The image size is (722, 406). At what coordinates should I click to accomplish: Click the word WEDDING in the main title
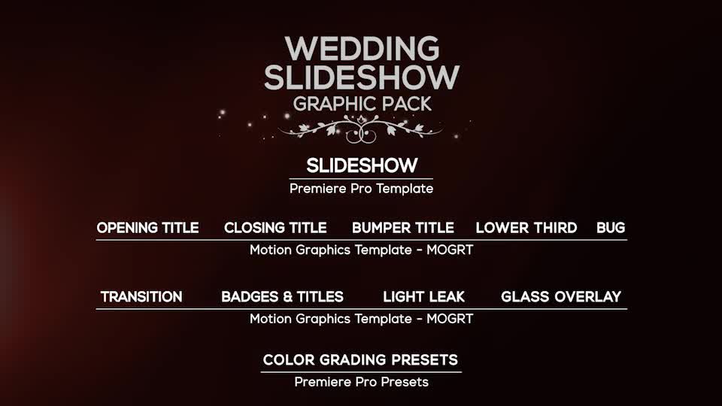point(362,49)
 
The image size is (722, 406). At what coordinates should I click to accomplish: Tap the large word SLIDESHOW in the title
point(362,77)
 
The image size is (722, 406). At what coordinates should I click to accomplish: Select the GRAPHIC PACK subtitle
point(362,104)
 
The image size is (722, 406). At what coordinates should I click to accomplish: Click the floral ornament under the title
point(361,129)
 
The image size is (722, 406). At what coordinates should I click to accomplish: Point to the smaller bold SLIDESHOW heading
point(362,165)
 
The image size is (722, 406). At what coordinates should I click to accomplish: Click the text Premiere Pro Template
point(362,189)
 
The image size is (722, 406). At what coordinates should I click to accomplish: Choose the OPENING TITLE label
point(148,228)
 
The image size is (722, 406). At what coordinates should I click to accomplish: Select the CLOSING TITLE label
point(275,228)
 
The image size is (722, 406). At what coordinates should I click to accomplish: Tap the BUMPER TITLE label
point(403,228)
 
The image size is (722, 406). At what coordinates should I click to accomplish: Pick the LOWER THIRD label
point(526,228)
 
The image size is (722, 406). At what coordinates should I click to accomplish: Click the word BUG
point(611,228)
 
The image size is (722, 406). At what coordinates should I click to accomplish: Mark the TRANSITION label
point(141,297)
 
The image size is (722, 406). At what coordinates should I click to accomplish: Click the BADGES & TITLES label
point(282,297)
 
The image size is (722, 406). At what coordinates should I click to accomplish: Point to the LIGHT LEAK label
point(423,297)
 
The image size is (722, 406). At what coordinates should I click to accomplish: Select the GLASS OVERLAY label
point(561,297)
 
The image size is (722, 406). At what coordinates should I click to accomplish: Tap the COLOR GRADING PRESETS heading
point(360,360)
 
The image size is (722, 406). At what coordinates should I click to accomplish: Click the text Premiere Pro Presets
point(362,382)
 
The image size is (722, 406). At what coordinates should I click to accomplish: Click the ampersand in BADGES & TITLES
point(288,297)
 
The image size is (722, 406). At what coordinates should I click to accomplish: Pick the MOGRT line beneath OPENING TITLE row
point(362,250)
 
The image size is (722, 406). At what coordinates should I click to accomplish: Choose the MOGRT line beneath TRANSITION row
point(362,319)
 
